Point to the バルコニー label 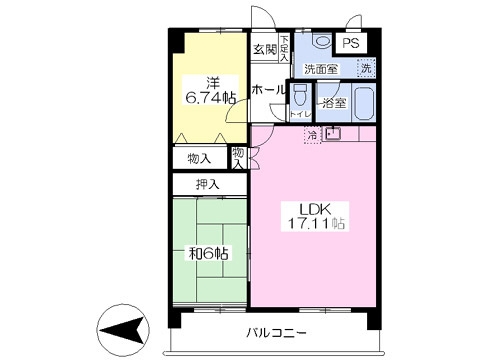[x=273, y=333]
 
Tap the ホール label [x=267, y=90]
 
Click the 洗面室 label [x=321, y=69]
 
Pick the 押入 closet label [x=208, y=184]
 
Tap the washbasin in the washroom [x=319, y=42]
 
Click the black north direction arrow [x=122, y=329]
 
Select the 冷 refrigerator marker [x=312, y=134]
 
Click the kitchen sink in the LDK [x=333, y=133]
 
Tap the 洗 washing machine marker [x=367, y=68]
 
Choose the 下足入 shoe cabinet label [x=285, y=47]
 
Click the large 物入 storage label [x=199, y=158]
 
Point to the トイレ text [x=298, y=115]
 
